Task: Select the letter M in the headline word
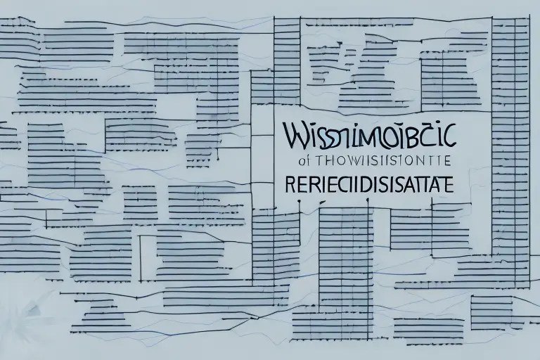356,134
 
